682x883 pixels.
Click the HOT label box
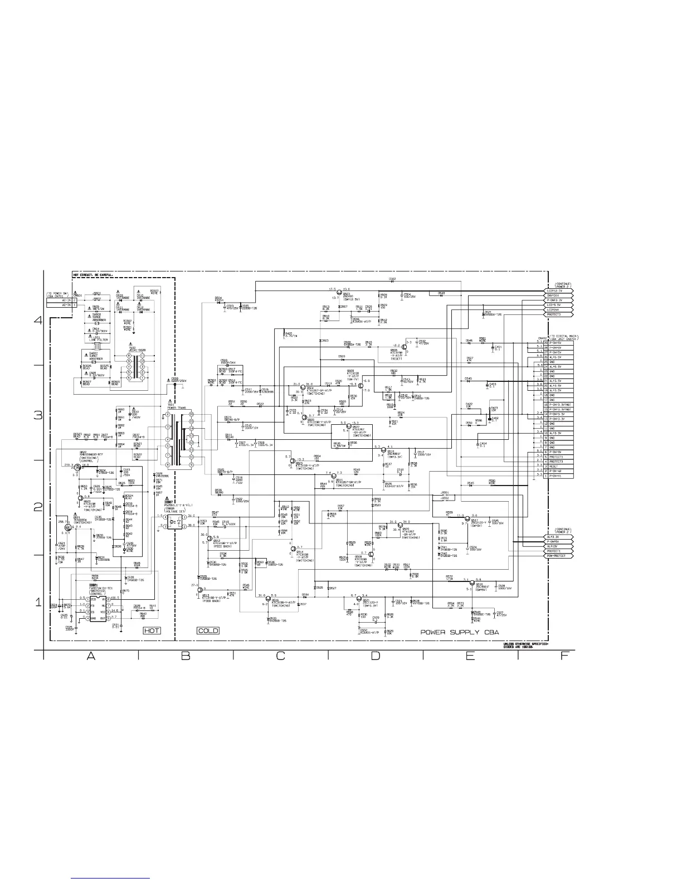(x=152, y=630)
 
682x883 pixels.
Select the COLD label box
(x=208, y=630)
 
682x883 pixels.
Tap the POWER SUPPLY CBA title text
(x=460, y=632)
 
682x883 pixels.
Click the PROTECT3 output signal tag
(x=558, y=314)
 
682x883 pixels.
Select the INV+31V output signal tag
(x=558, y=296)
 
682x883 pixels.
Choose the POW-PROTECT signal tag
(x=558, y=556)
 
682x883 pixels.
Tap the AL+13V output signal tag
(x=558, y=546)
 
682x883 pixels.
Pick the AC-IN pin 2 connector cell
(x=61, y=300)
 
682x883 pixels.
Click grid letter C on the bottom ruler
(x=280, y=656)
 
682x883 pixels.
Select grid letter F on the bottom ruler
(x=564, y=656)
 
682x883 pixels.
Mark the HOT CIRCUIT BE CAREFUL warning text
(x=93, y=275)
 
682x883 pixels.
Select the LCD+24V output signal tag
(x=558, y=310)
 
